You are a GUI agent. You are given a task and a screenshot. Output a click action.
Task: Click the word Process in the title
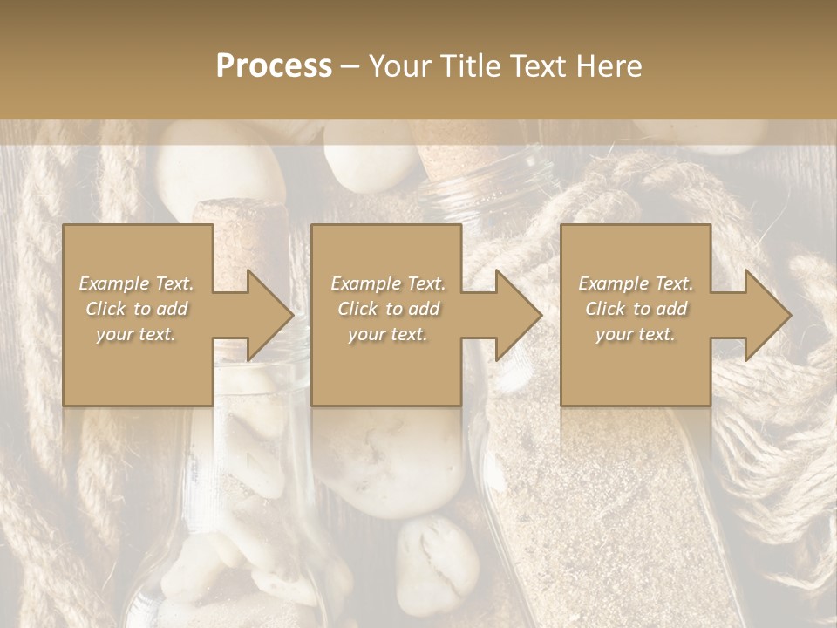coord(274,66)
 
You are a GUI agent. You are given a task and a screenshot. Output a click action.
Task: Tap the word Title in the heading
coord(470,66)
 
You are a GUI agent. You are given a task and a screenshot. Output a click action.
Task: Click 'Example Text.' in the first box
coord(137,283)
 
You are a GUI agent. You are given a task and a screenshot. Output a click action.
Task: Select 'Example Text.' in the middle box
coord(388,283)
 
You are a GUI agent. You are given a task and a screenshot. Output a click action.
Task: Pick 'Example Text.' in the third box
coord(636,283)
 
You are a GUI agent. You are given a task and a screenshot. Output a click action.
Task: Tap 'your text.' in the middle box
coord(387,334)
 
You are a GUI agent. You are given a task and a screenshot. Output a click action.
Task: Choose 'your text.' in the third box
coord(635,334)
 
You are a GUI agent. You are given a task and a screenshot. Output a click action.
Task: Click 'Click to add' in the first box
coord(137,309)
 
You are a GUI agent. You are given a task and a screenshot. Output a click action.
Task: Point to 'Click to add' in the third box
coord(636,309)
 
